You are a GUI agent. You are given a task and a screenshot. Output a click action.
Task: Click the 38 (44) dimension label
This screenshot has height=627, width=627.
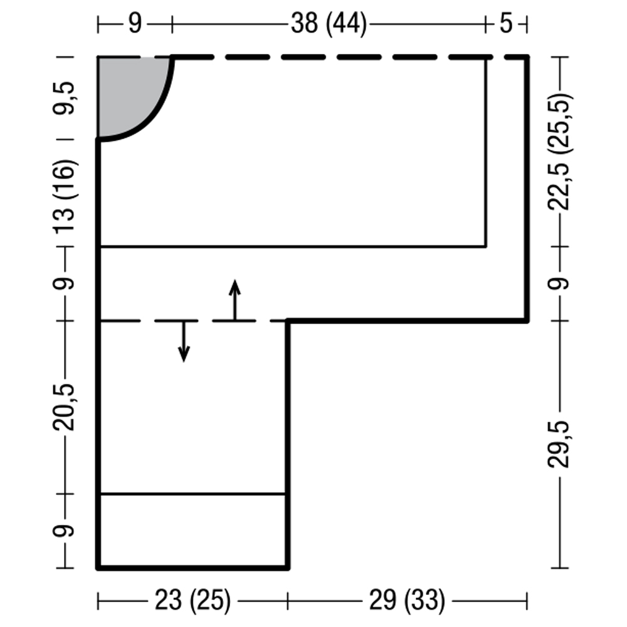pyautogui.click(x=329, y=24)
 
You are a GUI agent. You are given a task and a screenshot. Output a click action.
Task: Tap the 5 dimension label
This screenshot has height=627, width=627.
pyautogui.click(x=506, y=23)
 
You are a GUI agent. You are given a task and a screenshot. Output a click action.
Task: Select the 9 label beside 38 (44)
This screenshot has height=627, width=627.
pyautogui.click(x=135, y=24)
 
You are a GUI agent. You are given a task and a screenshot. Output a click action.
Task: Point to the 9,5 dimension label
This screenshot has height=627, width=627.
pyautogui.click(x=64, y=98)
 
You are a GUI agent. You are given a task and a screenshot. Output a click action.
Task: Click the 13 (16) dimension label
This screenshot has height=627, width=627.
pyautogui.click(x=64, y=196)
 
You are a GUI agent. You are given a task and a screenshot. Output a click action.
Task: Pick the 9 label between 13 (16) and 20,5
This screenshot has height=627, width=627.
pyautogui.click(x=64, y=283)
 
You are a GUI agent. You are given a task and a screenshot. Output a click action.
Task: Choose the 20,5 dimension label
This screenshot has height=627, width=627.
pyautogui.click(x=64, y=408)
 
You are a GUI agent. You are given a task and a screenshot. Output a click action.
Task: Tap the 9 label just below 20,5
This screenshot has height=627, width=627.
pyautogui.click(x=64, y=530)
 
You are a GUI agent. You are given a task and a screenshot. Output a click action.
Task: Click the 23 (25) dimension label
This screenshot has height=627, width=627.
pyautogui.click(x=192, y=600)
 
